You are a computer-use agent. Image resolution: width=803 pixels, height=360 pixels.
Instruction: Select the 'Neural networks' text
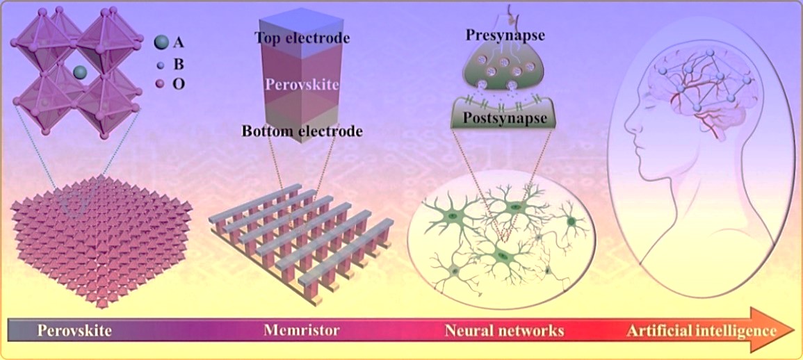tap(504, 329)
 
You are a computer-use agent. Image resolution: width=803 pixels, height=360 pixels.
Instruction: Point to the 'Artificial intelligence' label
tap(701, 329)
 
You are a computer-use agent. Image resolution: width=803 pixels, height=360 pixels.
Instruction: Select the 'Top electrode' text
tap(302, 38)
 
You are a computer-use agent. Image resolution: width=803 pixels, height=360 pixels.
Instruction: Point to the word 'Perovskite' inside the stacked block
tap(302, 85)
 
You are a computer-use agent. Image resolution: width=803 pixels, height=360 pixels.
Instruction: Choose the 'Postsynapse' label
tap(506, 117)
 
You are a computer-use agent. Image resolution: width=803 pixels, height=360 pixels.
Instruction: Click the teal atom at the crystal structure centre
tap(80, 72)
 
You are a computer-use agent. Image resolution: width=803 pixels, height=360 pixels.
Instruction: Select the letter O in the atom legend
tap(179, 84)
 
